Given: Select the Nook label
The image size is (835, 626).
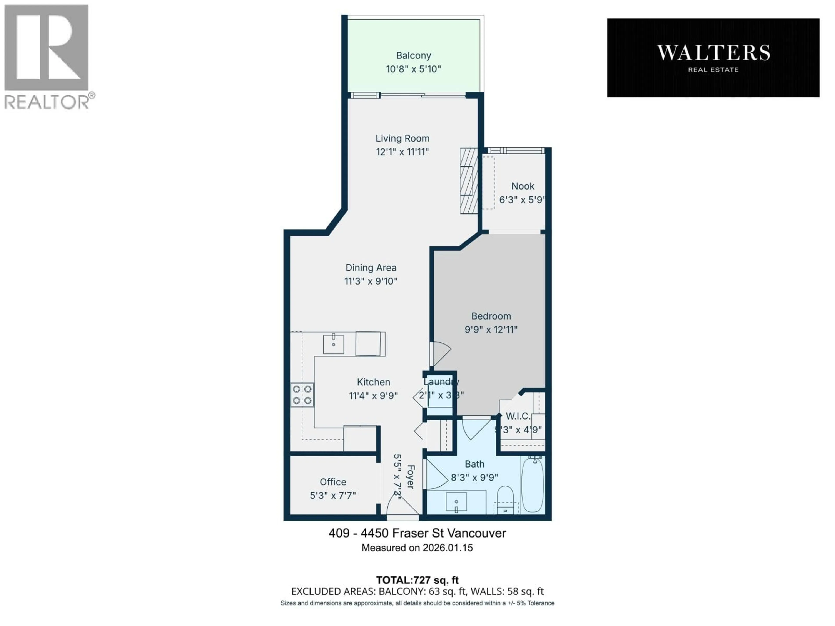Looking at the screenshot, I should click(x=523, y=186).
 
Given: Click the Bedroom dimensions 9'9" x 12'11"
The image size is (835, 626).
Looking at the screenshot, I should click(x=491, y=330).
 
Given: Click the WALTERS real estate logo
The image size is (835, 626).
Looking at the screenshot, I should click(x=713, y=58).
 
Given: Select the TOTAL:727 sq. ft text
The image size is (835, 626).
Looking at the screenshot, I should click(x=417, y=580).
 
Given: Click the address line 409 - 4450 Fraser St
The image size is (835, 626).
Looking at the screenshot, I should click(x=417, y=533).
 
